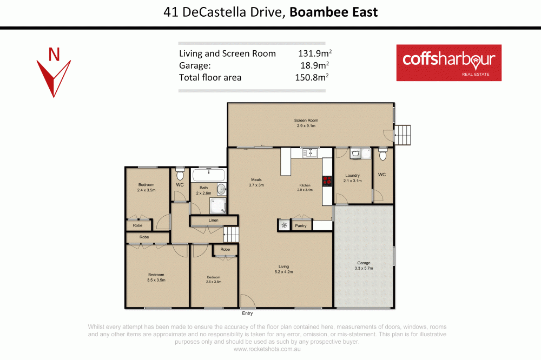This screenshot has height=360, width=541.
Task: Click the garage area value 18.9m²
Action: pyautogui.click(x=314, y=65)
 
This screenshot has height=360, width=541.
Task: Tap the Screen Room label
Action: pyautogui.click(x=306, y=123)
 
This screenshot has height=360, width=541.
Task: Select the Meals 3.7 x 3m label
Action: pyautogui.click(x=256, y=183)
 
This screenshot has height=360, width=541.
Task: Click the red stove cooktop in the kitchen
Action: pyautogui.click(x=327, y=181)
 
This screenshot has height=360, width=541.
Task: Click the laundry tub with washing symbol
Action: pyautogui.click(x=356, y=154)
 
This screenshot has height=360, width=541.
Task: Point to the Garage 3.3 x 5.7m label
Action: pyautogui.click(x=364, y=265)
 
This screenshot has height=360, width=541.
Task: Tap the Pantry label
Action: pyautogui.click(x=301, y=226)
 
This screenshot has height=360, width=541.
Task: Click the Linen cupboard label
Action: pyautogui.click(x=213, y=221)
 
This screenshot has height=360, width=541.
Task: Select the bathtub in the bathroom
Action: pyautogui.click(x=209, y=175)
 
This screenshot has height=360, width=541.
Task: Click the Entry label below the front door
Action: pyautogui.click(x=247, y=314)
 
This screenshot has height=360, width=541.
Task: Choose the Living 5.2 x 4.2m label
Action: pyautogui.click(x=283, y=269)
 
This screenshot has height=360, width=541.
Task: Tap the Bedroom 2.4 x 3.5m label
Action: pyautogui.click(x=146, y=188)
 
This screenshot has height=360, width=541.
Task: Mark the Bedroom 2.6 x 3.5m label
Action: pyautogui.click(x=214, y=279)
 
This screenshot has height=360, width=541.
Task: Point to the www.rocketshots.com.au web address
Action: pyautogui.click(x=267, y=349)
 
